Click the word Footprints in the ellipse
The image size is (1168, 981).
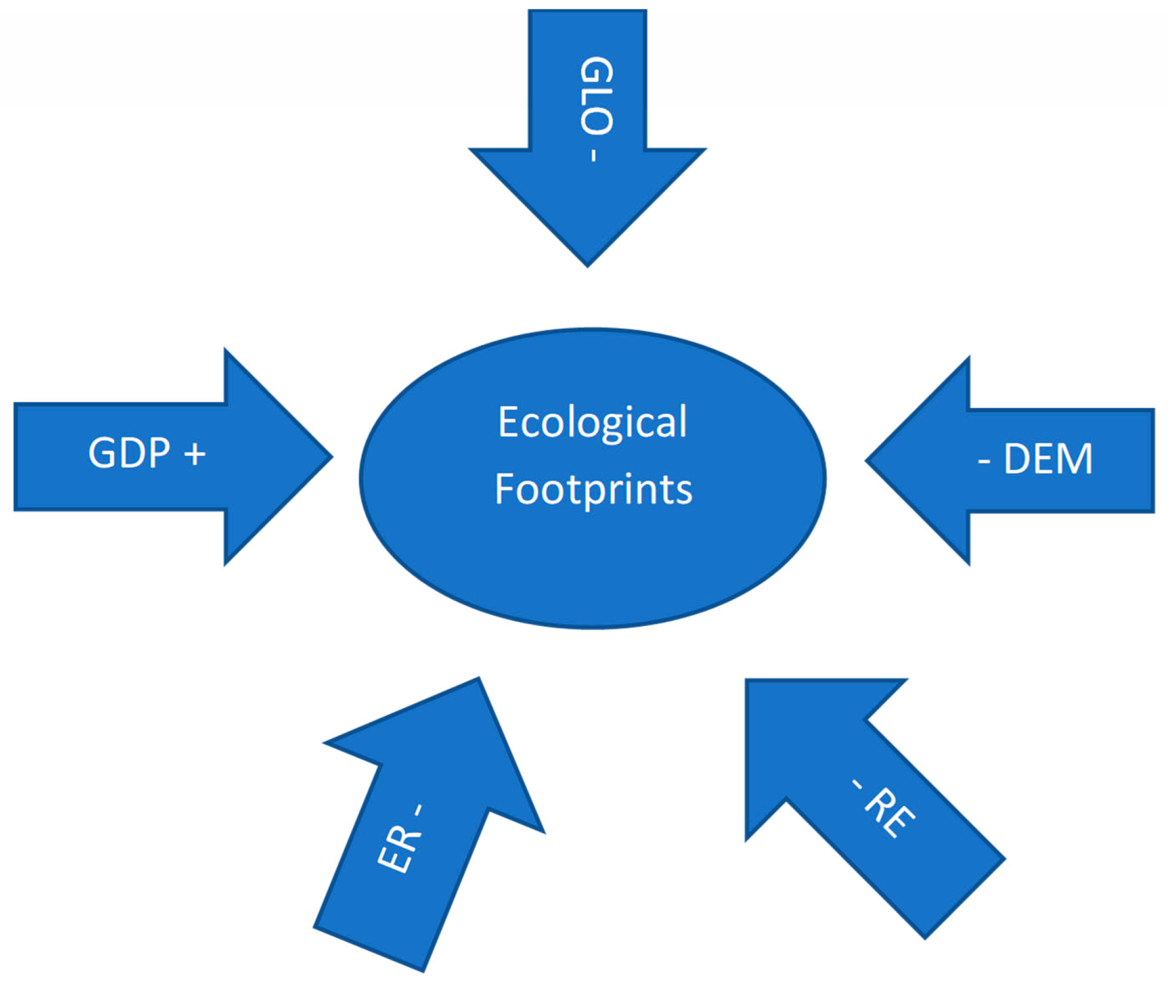pos(593,490)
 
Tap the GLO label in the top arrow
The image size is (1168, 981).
pos(596,96)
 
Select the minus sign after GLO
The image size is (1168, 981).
pos(594,155)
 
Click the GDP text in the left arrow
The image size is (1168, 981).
pos(129,453)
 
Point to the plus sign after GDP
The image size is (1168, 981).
pos(195,454)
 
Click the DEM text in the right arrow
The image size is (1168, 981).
pos(1048,460)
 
